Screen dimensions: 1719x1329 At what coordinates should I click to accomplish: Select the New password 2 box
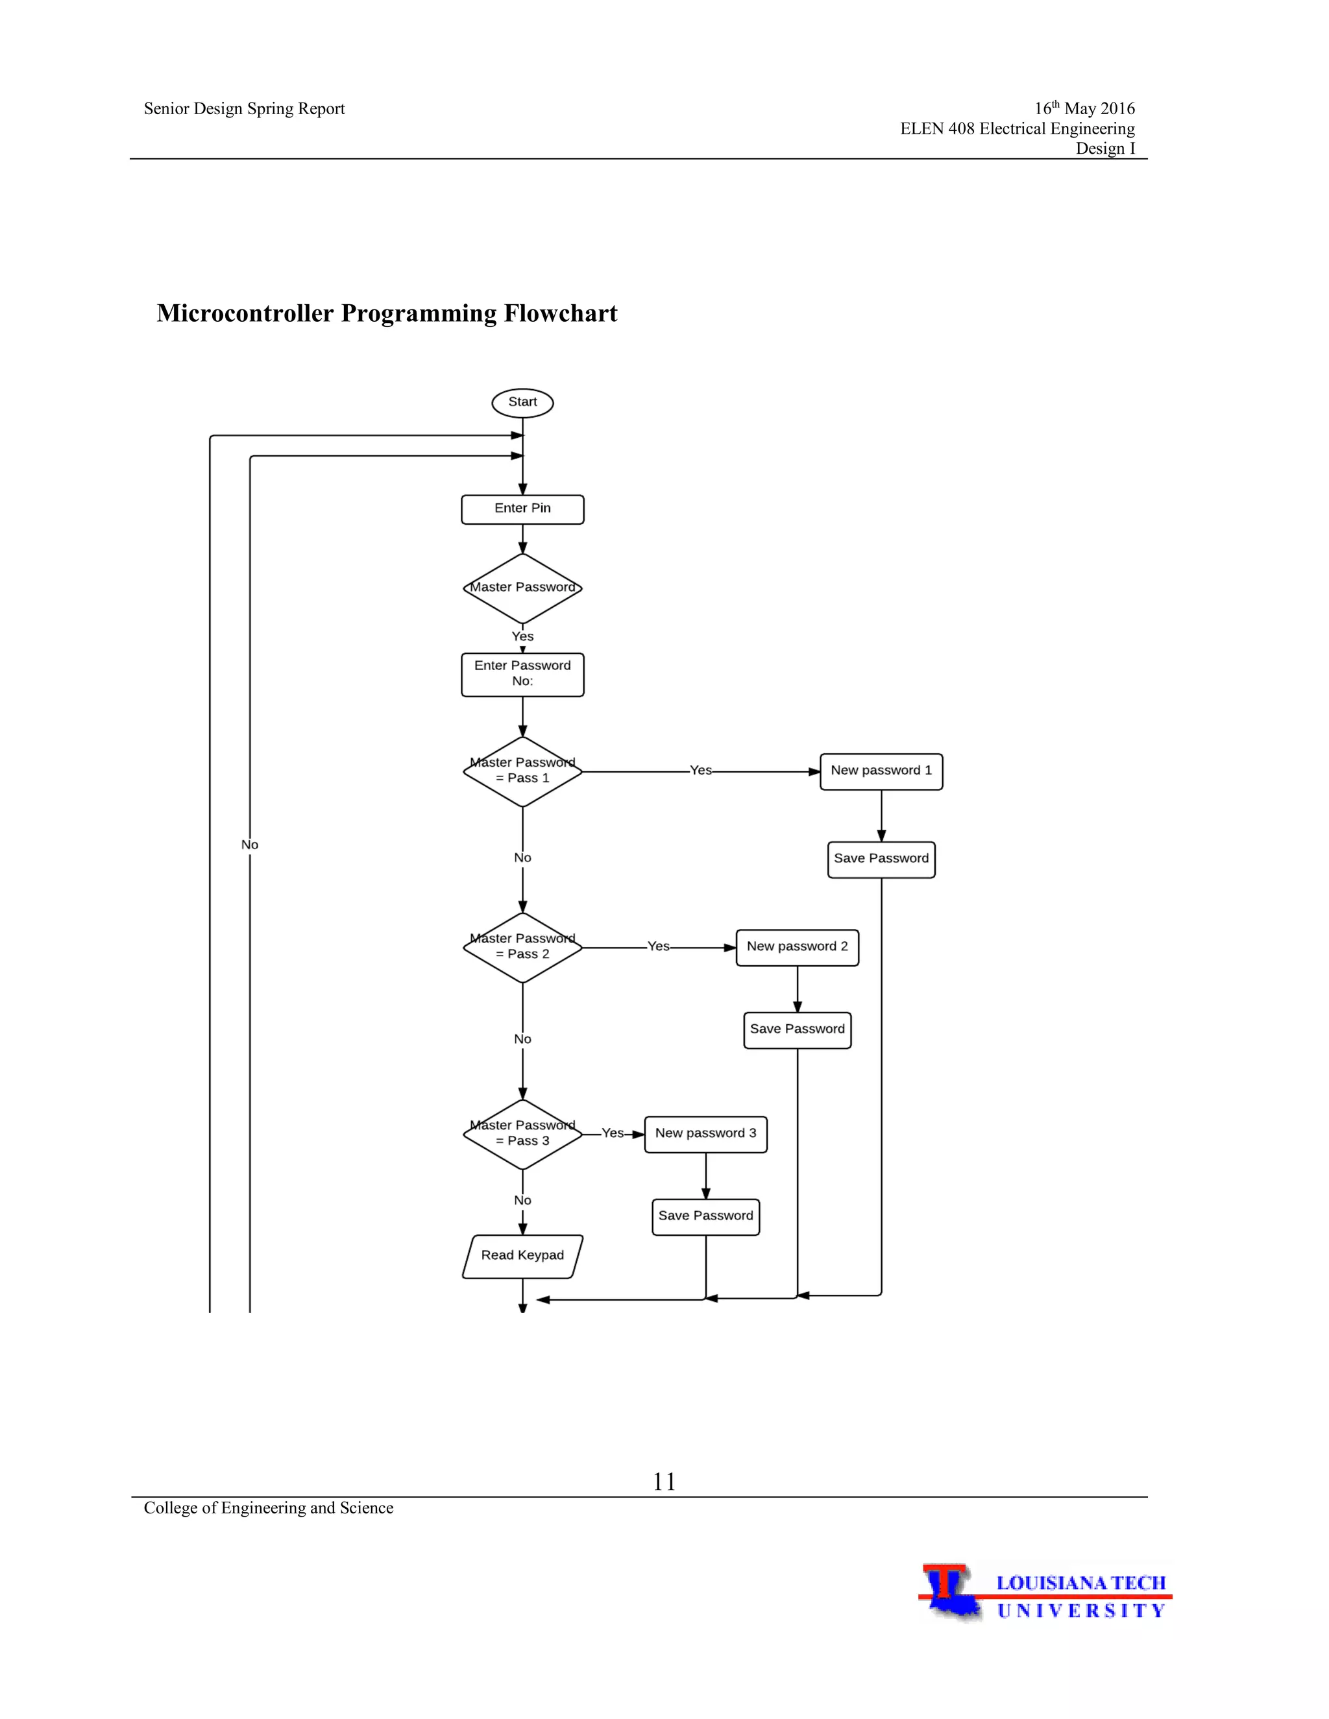797,947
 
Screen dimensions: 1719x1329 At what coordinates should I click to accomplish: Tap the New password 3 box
705,1133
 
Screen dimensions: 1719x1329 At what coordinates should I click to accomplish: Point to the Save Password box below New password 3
705,1216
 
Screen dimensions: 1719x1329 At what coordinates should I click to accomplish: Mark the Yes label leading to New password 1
700,771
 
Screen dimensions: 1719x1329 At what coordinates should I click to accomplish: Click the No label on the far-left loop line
250,845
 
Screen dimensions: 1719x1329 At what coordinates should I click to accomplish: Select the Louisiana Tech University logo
1044,1593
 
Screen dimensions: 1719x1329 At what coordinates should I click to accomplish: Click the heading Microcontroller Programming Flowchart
387,313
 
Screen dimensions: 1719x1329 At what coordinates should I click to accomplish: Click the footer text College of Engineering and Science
269,1508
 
